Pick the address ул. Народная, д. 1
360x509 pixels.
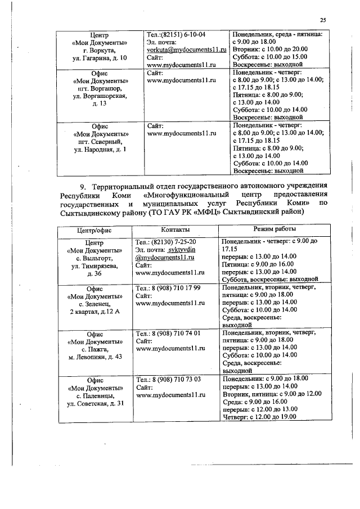100,150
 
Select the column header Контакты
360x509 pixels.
175,230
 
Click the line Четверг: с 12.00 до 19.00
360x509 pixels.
265,417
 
